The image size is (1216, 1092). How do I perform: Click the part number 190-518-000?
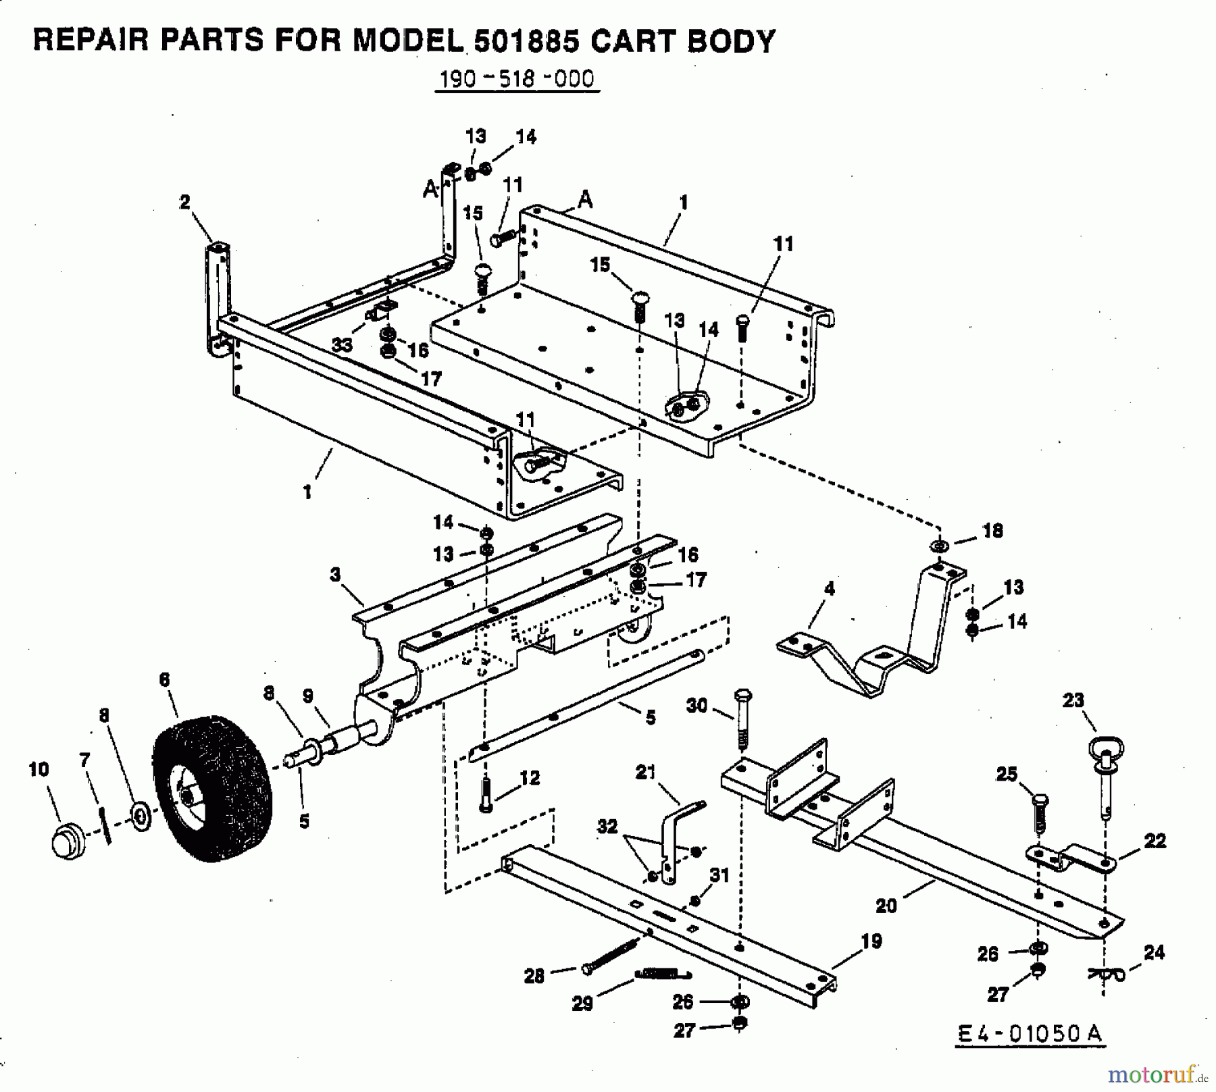tap(517, 80)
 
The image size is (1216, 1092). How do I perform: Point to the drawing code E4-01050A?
tap(1030, 1033)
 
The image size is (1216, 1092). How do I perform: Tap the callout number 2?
tap(185, 202)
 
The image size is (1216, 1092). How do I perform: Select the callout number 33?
tap(343, 344)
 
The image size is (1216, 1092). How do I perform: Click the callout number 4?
tap(830, 589)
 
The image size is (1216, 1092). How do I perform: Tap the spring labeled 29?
tap(663, 973)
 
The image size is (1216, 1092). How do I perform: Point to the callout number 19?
tap(871, 941)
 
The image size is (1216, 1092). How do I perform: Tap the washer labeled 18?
tap(940, 544)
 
